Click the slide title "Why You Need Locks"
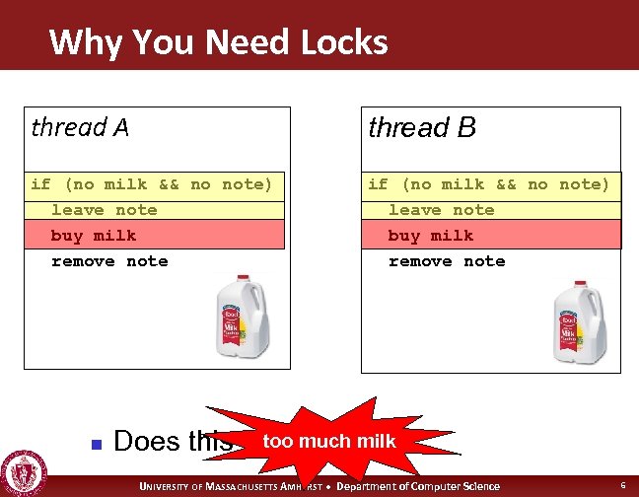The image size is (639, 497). [x=218, y=42]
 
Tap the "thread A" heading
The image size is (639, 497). [x=80, y=127]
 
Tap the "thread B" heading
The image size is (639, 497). [x=421, y=127]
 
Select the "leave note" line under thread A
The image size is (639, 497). [x=104, y=210]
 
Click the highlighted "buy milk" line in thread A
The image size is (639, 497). [x=94, y=236]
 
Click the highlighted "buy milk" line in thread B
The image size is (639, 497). [x=431, y=236]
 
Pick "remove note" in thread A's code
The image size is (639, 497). [x=109, y=261]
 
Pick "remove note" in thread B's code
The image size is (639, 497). [x=447, y=261]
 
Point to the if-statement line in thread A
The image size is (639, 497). [x=152, y=184]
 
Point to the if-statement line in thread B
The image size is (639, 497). [x=489, y=184]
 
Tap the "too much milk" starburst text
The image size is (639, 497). [x=329, y=441]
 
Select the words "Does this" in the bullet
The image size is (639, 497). [x=173, y=442]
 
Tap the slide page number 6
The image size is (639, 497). [x=623, y=486]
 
